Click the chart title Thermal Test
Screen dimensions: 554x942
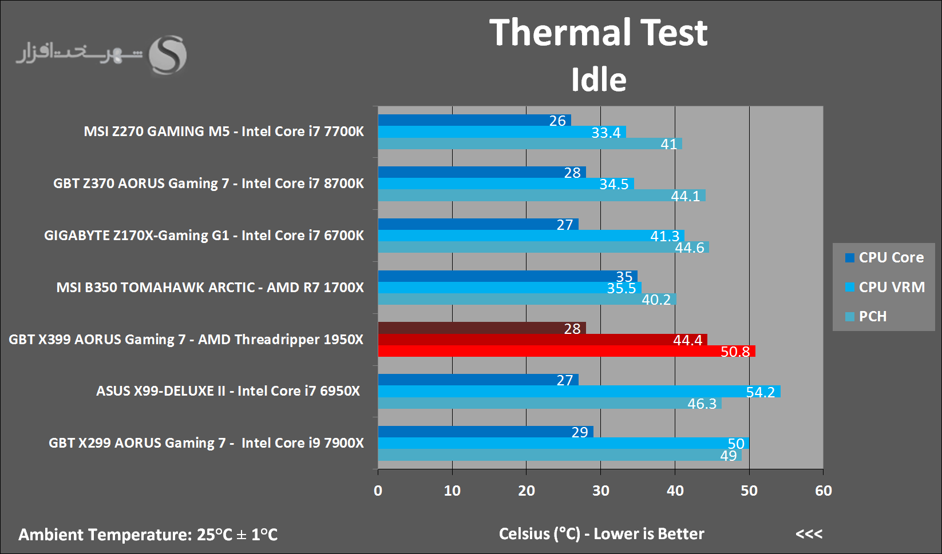coord(599,33)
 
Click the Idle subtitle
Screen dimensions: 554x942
coord(599,79)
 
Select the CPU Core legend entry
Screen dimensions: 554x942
coord(884,257)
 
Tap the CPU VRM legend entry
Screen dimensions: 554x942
coord(885,287)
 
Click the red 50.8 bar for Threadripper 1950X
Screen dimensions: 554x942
coord(567,351)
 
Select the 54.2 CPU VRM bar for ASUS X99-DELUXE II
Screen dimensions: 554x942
coord(578,392)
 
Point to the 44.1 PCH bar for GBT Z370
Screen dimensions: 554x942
coord(541,196)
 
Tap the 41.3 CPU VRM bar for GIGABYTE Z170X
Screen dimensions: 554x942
coord(531,236)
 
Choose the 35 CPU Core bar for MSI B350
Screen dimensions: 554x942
coord(507,276)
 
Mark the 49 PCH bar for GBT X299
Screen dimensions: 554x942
coord(559,455)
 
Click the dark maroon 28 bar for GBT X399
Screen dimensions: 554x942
coord(481,328)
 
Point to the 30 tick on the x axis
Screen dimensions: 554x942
coord(600,491)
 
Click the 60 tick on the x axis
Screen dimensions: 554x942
coord(823,491)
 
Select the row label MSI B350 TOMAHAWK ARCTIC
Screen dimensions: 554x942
coord(209,287)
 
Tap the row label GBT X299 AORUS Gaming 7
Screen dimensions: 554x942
coord(206,443)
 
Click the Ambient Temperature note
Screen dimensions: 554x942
coord(148,535)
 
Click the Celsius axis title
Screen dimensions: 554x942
coord(601,534)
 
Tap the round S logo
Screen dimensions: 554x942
coord(168,55)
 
